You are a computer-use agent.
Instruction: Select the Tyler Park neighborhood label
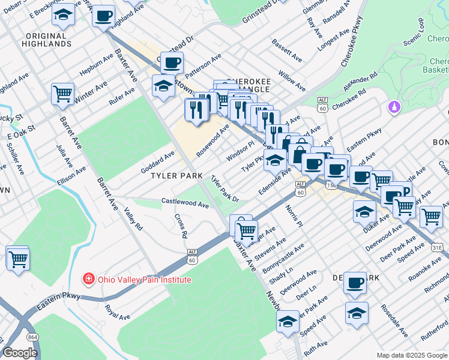point(176,176)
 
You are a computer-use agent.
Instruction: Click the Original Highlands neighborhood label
point(46,40)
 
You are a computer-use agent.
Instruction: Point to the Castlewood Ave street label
point(185,203)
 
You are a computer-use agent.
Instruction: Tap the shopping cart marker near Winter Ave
point(62,93)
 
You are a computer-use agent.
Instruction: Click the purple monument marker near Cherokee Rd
point(394,107)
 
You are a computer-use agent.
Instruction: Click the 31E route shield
point(439,246)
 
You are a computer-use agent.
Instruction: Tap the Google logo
point(20,353)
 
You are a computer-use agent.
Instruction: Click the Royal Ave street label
point(117,313)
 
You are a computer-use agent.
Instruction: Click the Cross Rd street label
point(179,226)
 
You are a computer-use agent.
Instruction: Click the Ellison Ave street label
point(71,176)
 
